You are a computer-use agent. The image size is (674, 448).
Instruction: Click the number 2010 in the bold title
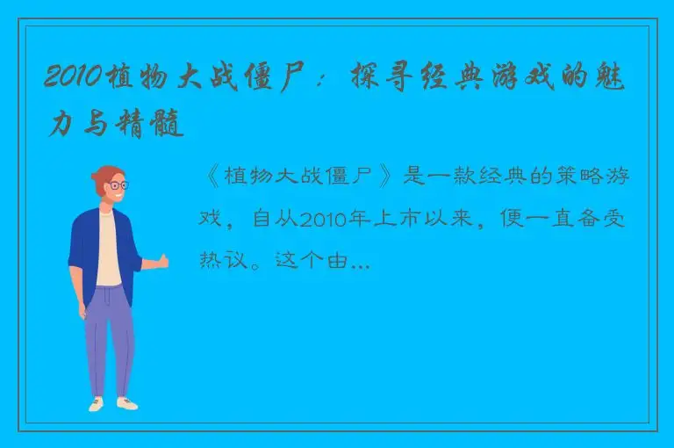click(72, 78)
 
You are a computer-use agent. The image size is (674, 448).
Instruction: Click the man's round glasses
click(117, 185)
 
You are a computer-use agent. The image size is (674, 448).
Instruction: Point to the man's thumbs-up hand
click(161, 261)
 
